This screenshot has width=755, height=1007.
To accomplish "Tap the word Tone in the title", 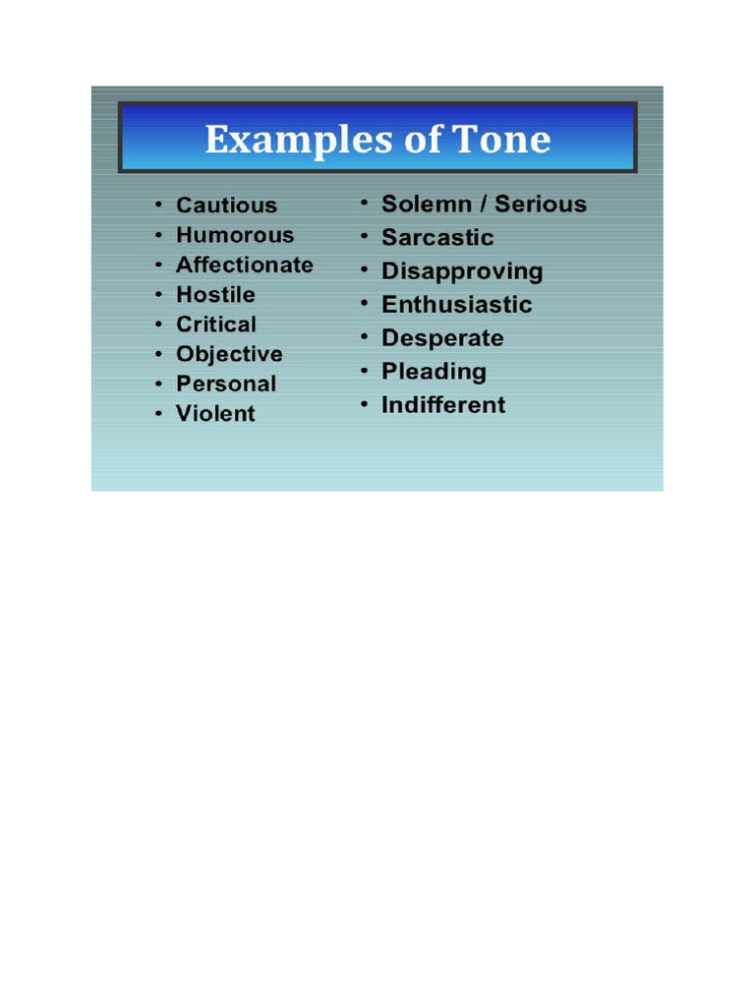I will point(503,139).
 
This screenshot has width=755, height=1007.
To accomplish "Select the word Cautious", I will point(226,206).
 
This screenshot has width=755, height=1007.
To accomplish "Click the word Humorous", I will point(235,235).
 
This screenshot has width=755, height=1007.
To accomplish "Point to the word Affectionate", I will point(245,265).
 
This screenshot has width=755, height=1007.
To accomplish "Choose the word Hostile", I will point(215,294).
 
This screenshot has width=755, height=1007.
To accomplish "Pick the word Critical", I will point(216,325).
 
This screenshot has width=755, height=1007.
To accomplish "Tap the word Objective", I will point(229,354).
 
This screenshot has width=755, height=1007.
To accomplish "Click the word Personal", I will point(226,384).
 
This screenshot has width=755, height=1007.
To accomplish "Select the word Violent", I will point(215,414).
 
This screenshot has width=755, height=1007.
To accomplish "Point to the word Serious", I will point(541,205).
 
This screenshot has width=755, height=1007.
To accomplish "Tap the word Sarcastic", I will point(437,238).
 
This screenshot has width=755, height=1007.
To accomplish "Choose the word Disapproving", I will point(462,271).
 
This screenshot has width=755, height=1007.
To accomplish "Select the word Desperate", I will point(442,338).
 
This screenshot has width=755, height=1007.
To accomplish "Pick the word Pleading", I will point(434,372).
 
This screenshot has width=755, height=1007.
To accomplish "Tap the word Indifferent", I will point(443,405).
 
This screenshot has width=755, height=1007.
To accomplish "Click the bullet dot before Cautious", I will point(157,206).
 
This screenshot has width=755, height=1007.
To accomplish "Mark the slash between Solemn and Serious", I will point(484,205).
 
